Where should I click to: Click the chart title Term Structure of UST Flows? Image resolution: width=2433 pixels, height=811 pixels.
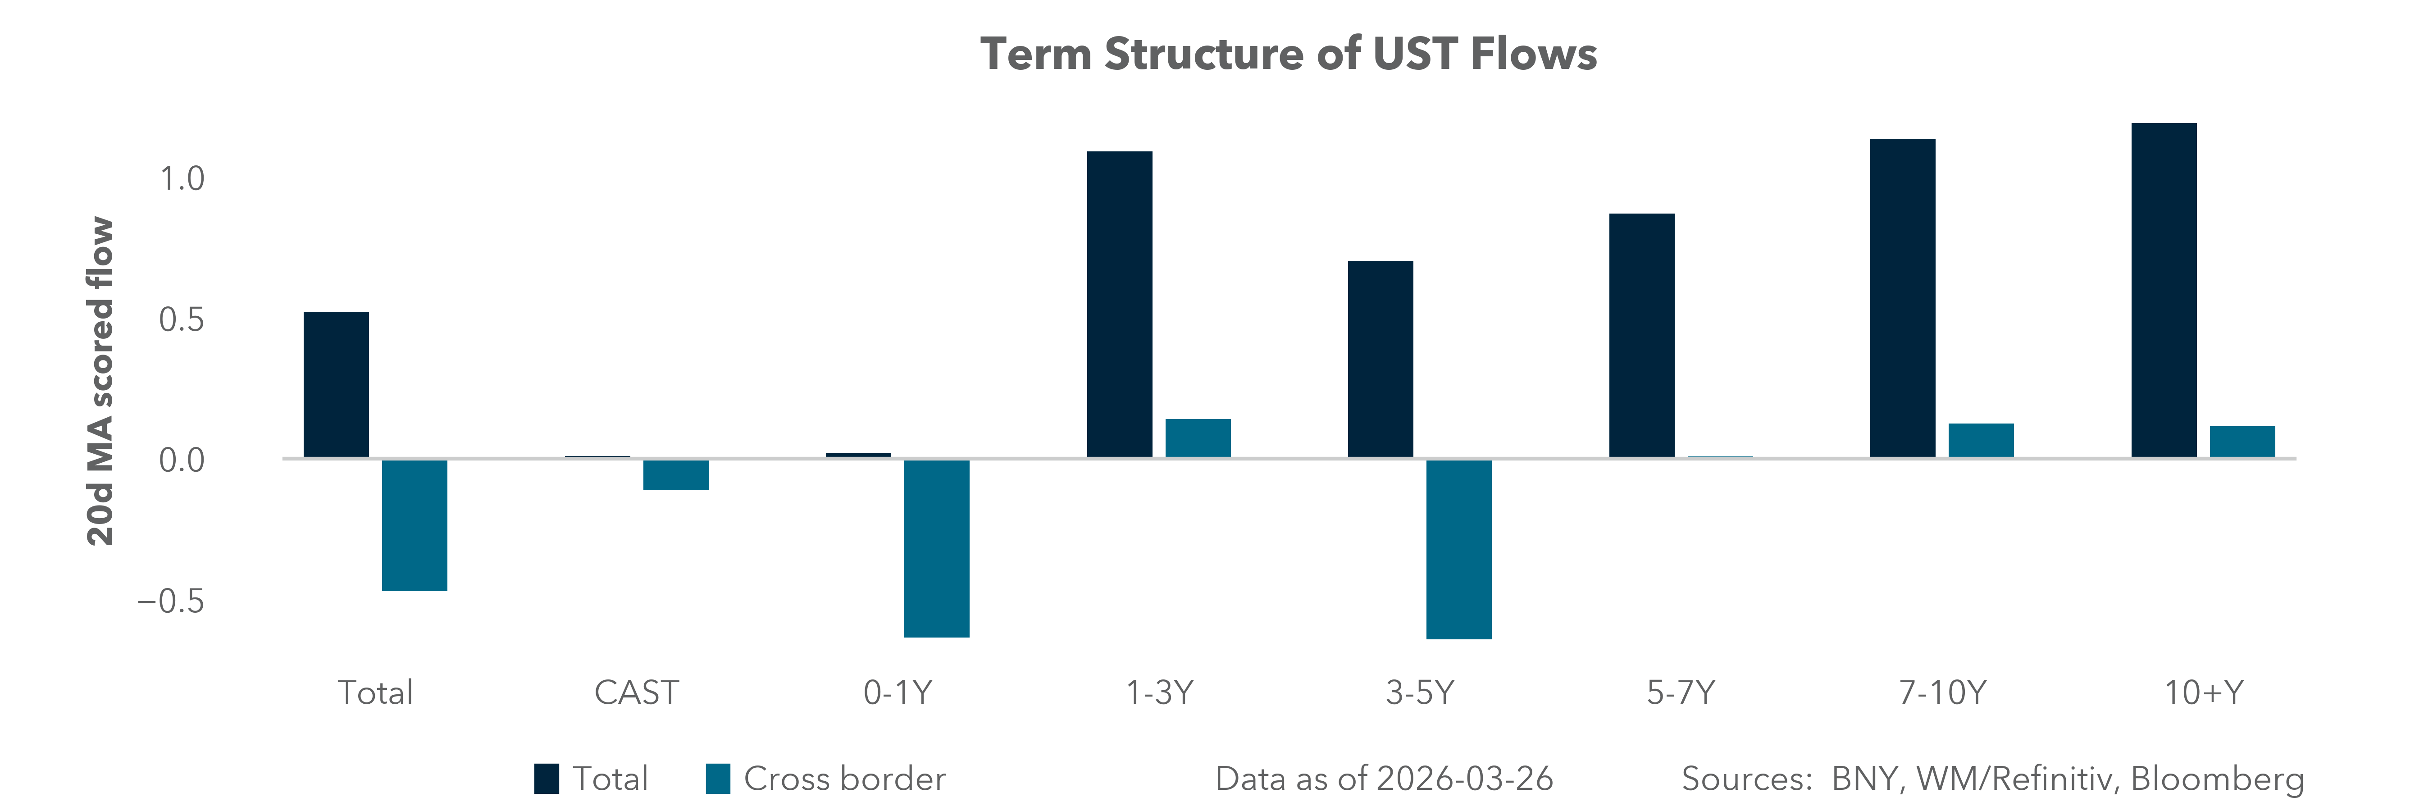1288,54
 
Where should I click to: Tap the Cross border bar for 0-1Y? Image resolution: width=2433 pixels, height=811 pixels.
936,547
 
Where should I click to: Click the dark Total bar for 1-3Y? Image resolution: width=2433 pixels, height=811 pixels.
1119,304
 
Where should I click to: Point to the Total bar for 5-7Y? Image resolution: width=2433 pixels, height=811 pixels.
1641,335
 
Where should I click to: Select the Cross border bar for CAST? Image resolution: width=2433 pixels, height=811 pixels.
675,475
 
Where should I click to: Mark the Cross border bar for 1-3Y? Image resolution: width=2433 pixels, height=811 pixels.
1198,438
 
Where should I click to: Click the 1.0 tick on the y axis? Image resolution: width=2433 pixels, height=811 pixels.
181,178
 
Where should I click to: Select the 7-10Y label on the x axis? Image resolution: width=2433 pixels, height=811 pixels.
1942,693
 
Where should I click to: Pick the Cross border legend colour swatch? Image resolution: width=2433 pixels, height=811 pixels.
718,779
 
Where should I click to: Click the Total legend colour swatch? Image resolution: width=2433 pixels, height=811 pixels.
546,779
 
